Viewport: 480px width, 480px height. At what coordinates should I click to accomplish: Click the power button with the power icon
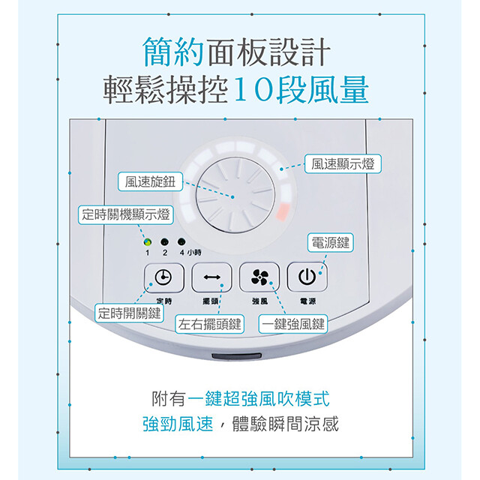coord(307,277)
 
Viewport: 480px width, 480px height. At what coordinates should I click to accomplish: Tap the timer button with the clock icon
coord(163,277)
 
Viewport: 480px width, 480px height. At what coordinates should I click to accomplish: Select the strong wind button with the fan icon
coord(259,277)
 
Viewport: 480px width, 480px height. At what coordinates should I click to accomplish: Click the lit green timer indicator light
coord(148,242)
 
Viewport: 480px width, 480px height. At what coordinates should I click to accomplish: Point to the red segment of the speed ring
coord(283,211)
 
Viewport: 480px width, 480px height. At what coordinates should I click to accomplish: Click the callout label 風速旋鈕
coord(150,181)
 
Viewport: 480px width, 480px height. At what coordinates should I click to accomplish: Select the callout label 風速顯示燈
coord(343,163)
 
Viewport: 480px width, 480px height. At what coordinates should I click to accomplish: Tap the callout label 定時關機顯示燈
coord(126,215)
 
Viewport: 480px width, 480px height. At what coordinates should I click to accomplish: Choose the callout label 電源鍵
coord(331,243)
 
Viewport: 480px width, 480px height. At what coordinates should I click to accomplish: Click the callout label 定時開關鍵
coord(129,313)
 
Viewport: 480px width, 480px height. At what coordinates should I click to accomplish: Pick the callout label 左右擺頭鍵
coord(210,324)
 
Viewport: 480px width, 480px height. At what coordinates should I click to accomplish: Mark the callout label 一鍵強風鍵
coord(293,324)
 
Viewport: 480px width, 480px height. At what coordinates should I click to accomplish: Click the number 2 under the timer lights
coord(165,253)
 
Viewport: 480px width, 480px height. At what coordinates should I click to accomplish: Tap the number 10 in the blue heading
coord(254,90)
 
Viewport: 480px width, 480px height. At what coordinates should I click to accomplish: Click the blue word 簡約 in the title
coord(173,52)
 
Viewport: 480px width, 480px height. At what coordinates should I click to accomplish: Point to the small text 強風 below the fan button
coord(260,301)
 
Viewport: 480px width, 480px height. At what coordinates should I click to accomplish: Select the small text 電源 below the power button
coord(307,301)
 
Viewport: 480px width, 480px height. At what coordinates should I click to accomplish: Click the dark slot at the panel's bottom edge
coord(237,357)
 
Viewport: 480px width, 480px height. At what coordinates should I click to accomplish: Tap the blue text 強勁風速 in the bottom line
coord(178,424)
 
